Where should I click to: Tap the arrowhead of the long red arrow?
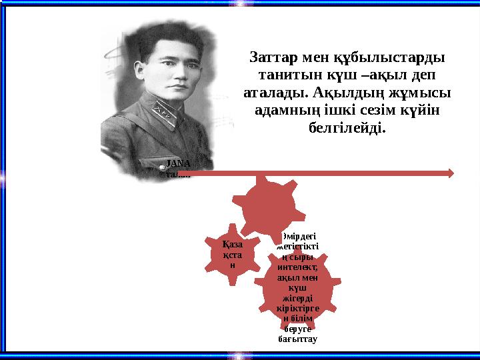click(451, 173)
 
